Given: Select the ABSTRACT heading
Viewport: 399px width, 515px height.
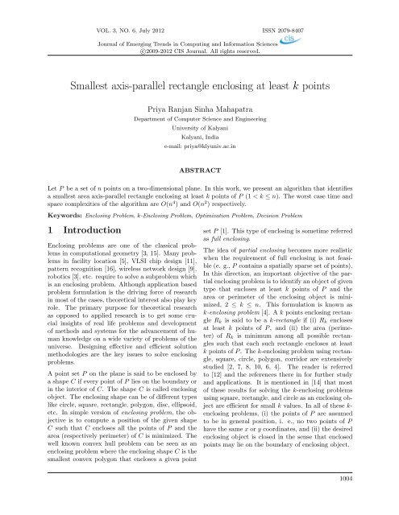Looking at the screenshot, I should tap(198, 148).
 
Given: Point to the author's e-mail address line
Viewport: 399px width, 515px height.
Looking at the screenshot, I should tap(198, 126).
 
